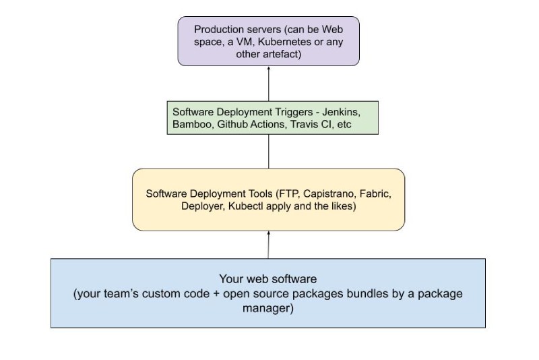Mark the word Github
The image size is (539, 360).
click(x=232, y=125)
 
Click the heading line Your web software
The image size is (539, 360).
click(x=267, y=278)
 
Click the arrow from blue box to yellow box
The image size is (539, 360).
click(x=268, y=245)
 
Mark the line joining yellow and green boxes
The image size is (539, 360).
click(x=268, y=152)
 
